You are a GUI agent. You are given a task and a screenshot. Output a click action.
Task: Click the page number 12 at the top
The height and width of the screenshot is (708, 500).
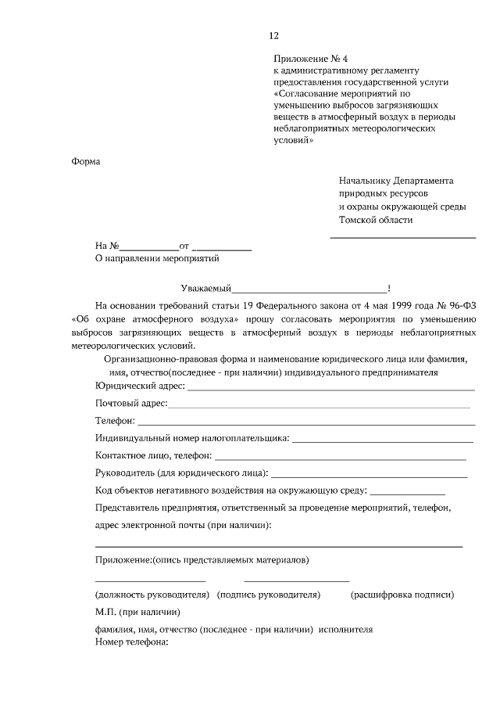273,35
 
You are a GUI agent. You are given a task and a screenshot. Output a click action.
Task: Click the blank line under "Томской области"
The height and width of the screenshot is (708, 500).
403,236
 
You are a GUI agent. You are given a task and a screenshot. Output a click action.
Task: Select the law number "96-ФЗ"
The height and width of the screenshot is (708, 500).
462,304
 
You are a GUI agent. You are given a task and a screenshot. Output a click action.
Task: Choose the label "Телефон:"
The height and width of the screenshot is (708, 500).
115,421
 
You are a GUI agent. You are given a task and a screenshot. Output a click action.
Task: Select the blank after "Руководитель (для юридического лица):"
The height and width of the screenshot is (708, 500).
369,476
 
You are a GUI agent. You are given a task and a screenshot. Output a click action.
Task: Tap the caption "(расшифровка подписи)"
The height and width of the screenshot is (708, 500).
402,595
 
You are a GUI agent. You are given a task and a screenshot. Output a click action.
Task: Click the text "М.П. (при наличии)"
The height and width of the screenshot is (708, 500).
137,612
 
